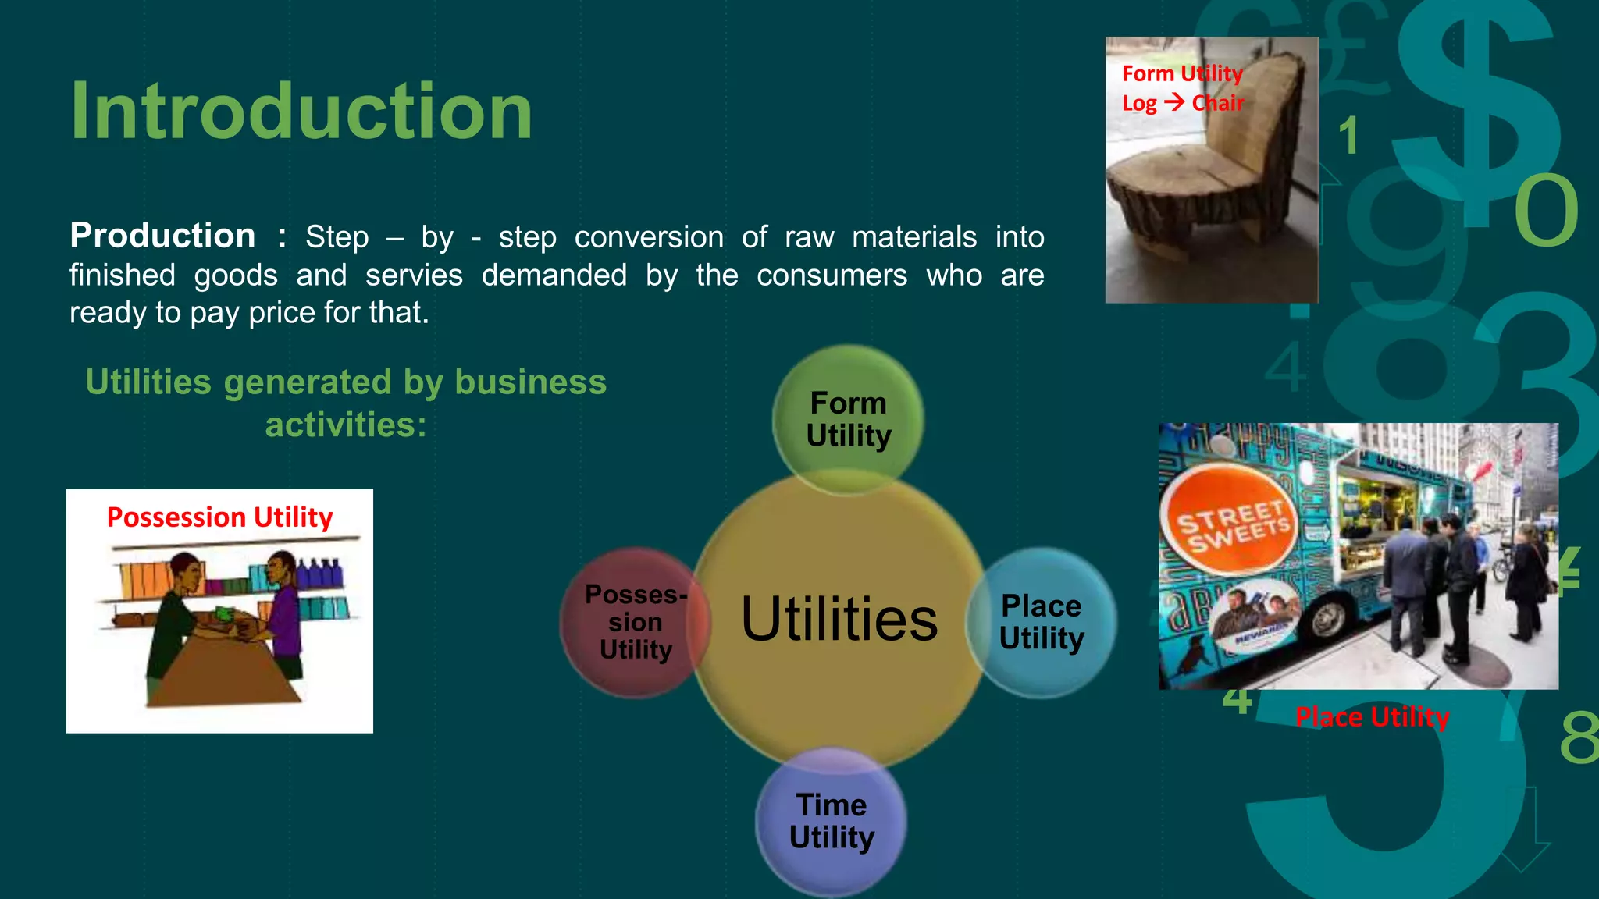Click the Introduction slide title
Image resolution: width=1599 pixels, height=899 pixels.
301,112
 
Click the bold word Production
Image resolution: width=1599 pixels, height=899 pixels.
162,236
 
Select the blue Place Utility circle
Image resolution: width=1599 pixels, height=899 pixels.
1042,622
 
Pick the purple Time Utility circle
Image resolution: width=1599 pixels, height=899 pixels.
832,821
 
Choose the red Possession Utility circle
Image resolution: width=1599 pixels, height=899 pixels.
635,622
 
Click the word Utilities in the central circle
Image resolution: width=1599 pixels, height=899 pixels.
839,620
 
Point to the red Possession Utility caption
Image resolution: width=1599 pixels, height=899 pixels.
219,517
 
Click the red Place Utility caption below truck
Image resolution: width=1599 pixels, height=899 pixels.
1372,716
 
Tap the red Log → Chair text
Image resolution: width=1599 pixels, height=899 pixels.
1182,103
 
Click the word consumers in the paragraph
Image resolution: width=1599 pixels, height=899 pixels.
832,275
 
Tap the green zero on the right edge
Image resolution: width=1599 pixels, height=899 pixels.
1546,210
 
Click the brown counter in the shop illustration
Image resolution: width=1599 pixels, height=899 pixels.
223,675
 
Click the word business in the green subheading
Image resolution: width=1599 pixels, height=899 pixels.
530,382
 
